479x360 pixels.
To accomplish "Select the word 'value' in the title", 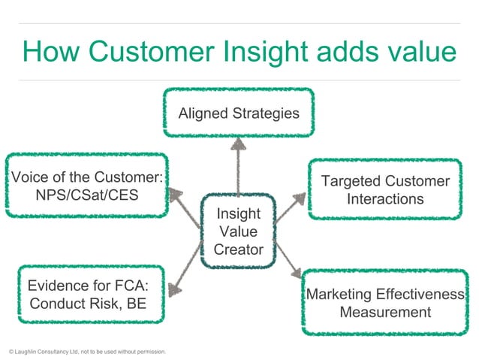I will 421,53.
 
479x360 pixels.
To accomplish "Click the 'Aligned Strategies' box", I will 238,113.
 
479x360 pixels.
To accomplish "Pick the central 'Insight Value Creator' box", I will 238,231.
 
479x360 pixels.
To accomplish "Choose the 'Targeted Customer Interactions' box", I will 385,189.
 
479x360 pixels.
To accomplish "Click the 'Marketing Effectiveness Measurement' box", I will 385,303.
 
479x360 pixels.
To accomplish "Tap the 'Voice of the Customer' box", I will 87,187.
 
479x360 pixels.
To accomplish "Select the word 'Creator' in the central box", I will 238,250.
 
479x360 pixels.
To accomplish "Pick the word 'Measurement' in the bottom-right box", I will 385,312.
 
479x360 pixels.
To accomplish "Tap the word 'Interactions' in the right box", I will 385,199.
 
